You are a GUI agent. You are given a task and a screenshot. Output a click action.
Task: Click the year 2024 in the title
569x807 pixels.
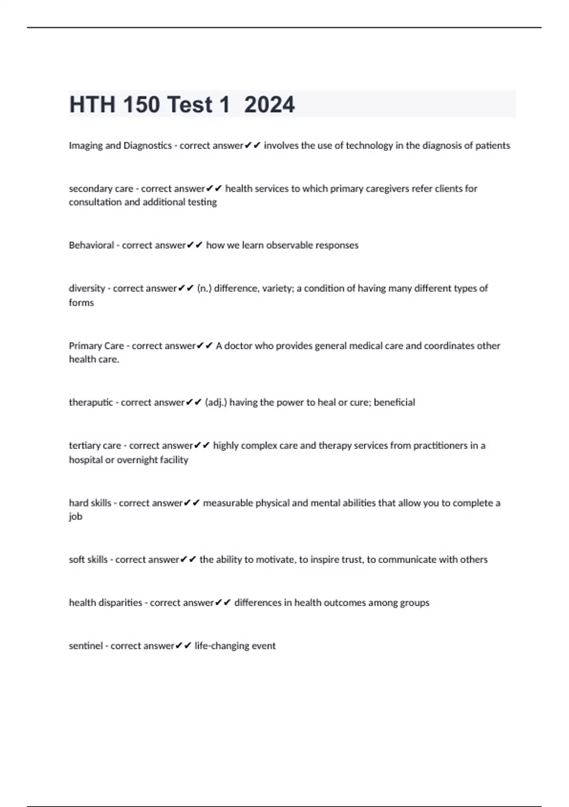[269, 104]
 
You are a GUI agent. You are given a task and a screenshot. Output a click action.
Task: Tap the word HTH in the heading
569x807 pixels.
[92, 104]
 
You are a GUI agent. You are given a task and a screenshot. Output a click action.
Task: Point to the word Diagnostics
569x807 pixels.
[147, 146]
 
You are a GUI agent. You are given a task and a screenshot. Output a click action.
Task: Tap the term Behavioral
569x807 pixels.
[92, 245]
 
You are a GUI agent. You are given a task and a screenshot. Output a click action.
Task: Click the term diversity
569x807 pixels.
[87, 288]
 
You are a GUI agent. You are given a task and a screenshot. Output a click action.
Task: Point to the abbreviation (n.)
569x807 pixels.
[204, 288]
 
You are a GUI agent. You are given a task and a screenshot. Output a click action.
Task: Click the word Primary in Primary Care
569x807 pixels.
[82, 346]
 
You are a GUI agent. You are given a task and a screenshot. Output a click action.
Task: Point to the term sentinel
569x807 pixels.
[86, 646]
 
